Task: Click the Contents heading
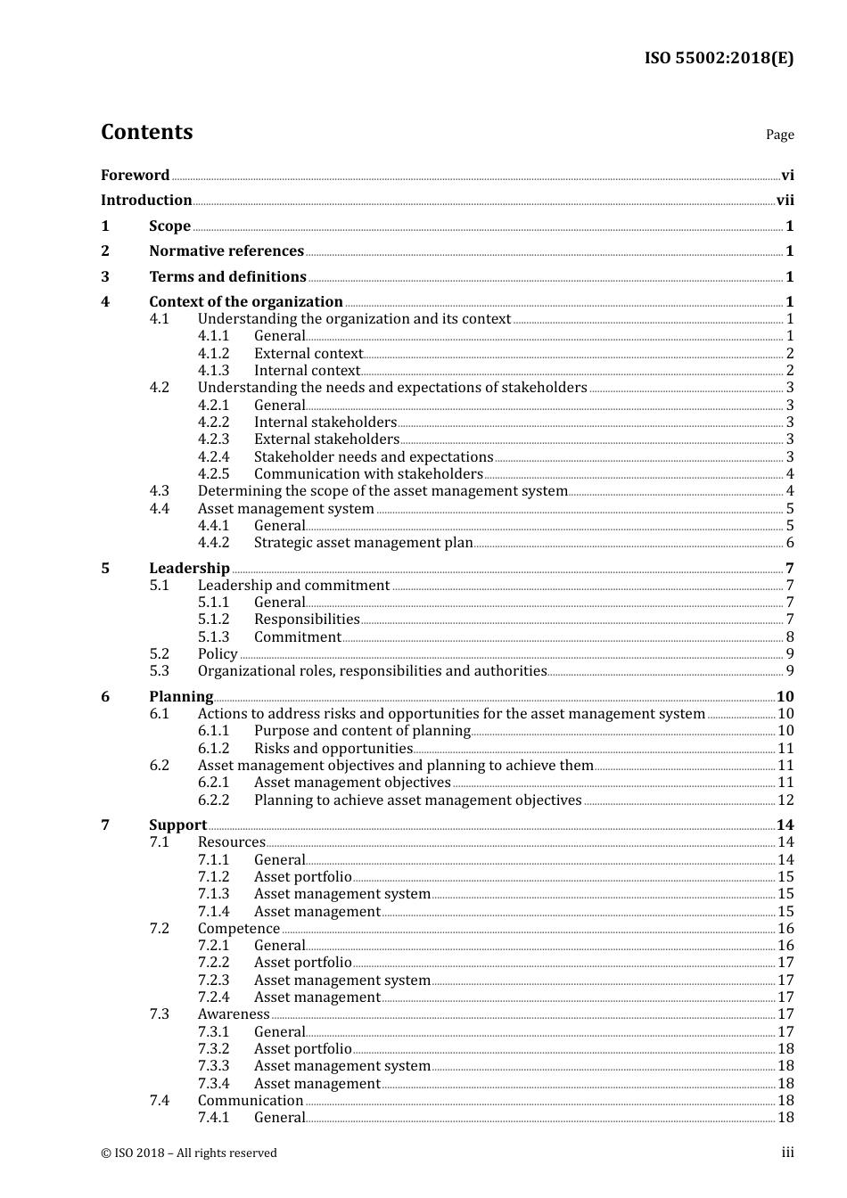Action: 146,132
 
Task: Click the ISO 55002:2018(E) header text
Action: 719,59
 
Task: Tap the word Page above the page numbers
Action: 779,135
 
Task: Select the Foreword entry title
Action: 135,176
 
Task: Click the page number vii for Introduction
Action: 785,201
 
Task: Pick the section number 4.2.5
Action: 213,474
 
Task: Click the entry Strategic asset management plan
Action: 363,543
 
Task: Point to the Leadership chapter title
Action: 189,569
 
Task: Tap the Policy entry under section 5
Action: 218,654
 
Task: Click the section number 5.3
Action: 159,671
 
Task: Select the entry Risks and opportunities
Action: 333,749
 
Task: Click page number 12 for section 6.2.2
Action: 785,800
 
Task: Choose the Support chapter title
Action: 177,825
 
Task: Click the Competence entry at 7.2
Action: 238,929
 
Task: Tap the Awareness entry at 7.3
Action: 233,1014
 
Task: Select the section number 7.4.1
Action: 213,1118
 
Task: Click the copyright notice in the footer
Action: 189,1153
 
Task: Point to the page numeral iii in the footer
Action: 787,1153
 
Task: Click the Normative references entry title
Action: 226,251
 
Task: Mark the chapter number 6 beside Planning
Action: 105,697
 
